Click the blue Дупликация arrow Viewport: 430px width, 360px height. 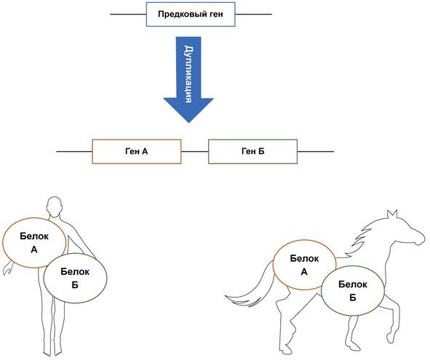pos(188,79)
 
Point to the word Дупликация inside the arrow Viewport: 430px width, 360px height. pos(188,74)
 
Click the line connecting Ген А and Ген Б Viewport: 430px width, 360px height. pos(195,151)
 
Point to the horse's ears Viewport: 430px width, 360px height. pos(392,214)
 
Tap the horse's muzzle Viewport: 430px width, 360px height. pos(420,238)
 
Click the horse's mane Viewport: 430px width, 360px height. pos(362,236)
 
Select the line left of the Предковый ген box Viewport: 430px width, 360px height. pos(128,15)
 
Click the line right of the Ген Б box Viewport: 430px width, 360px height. pos(316,151)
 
